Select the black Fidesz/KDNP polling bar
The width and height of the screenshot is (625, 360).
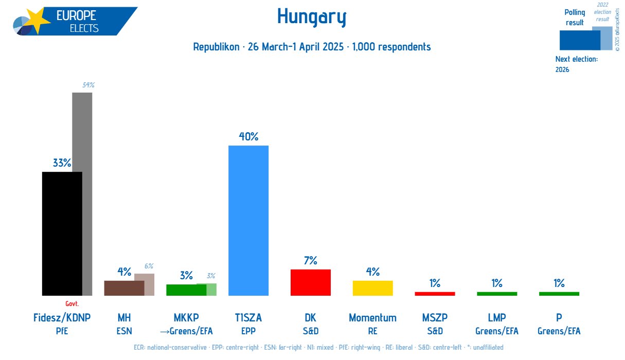(62, 233)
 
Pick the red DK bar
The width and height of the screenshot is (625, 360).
(310, 282)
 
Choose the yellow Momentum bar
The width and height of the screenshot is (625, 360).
(372, 288)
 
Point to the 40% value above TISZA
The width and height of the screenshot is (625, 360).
(248, 137)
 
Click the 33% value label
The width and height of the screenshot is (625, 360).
(62, 163)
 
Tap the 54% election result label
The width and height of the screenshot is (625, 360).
(89, 85)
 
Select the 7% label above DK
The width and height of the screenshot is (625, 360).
(310, 261)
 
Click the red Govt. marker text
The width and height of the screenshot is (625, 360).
(72, 304)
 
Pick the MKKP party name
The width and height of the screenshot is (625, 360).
(186, 318)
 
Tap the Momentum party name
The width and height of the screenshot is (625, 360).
(372, 318)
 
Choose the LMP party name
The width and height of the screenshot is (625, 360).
(497, 318)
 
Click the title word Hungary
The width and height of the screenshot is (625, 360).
(312, 17)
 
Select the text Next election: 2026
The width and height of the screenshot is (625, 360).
(576, 64)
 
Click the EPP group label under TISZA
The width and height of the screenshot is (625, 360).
(248, 331)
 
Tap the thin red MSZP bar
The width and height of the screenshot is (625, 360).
(435, 294)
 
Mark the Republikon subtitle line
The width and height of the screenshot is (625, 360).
(312, 47)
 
